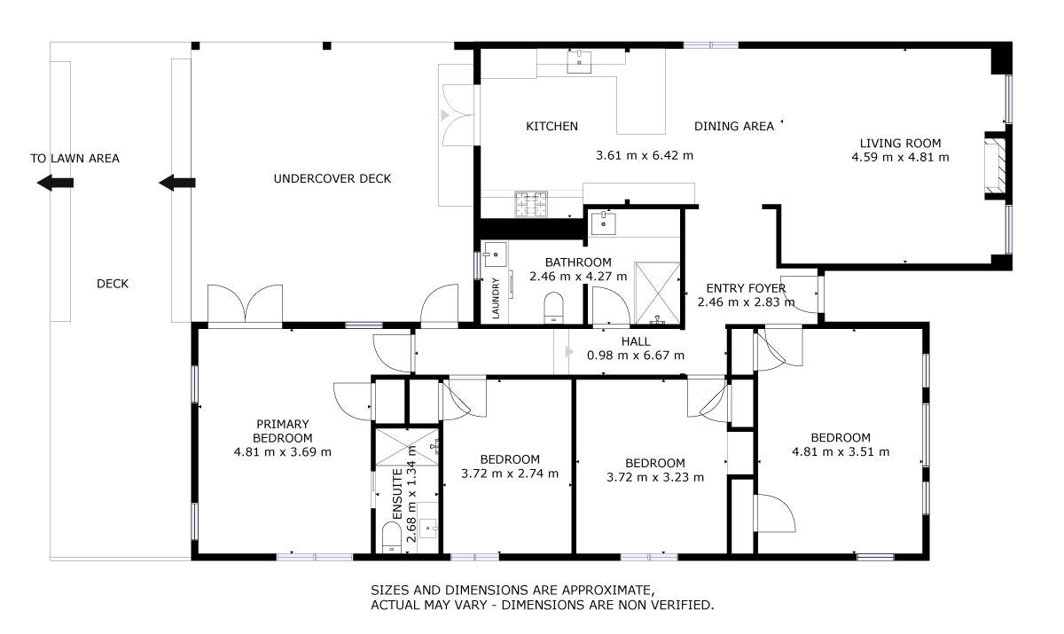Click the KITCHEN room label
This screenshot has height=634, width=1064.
[x=552, y=126]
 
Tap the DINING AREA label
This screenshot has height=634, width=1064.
[x=734, y=126]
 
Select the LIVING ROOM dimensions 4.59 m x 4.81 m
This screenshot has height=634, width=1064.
[x=900, y=157]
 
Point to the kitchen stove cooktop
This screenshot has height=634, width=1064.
[x=531, y=204]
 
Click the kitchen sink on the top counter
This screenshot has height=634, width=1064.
[x=579, y=62]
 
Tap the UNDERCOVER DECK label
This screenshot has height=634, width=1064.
[x=332, y=178]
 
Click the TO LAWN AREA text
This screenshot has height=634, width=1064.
[x=75, y=159]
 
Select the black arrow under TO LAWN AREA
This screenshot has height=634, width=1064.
[x=55, y=183]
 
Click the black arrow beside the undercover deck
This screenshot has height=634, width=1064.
[x=176, y=183]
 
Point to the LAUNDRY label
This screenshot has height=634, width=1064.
[x=496, y=298]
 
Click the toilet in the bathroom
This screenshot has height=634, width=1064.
[x=553, y=308]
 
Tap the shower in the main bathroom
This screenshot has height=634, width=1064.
[x=657, y=293]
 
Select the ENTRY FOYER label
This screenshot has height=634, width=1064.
[x=746, y=288]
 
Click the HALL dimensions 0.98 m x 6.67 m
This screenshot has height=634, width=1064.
[x=636, y=356]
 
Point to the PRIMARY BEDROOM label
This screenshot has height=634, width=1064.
[x=283, y=431]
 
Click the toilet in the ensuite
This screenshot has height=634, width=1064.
[x=392, y=537]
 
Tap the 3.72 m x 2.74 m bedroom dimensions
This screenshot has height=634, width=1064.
[x=510, y=474]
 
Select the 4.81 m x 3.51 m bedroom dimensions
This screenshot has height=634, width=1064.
[x=841, y=451]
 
